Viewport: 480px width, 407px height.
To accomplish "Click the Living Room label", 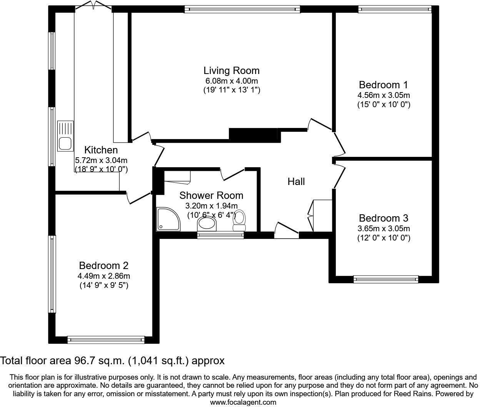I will coord(231,71).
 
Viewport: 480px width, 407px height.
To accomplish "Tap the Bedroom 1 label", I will coord(383,85).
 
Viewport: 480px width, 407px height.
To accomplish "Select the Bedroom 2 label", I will coord(103,266).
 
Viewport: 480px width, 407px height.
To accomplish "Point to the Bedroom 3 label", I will coord(383,218).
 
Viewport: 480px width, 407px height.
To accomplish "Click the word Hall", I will coord(296,182).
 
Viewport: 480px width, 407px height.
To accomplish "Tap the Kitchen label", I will coord(101,150).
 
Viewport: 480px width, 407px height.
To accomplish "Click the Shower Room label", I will coord(211,195).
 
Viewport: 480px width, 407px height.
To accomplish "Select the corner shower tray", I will coord(168,219).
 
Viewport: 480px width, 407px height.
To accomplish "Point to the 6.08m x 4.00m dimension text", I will coord(231,81).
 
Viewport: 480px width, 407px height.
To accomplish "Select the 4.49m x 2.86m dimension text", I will coord(103,276).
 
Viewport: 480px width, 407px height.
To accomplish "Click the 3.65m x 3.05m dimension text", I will coord(383,229).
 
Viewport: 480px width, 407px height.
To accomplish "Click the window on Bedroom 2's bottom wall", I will coord(106,340).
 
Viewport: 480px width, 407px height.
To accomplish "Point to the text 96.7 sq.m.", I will coord(99,361).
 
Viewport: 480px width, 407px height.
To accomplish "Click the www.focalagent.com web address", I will coord(243,402).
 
